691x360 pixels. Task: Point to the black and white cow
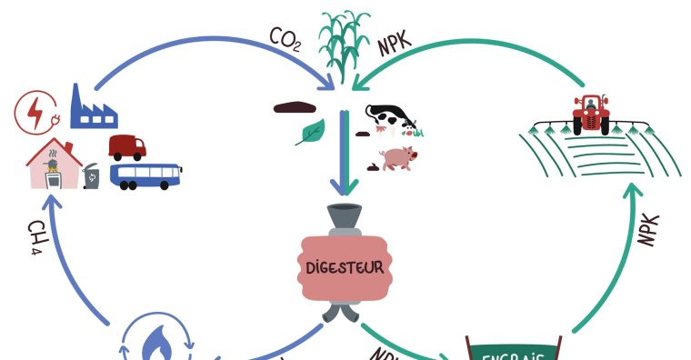point(389,119)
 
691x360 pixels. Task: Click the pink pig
point(397,159)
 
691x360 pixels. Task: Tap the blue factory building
point(94,107)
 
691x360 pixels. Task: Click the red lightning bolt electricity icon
point(35,114)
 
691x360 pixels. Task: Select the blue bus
point(145,175)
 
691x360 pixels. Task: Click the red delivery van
point(126,145)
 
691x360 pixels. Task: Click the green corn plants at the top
point(344,41)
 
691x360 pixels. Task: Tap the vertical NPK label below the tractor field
point(648,231)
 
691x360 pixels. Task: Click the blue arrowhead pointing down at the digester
point(344,187)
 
